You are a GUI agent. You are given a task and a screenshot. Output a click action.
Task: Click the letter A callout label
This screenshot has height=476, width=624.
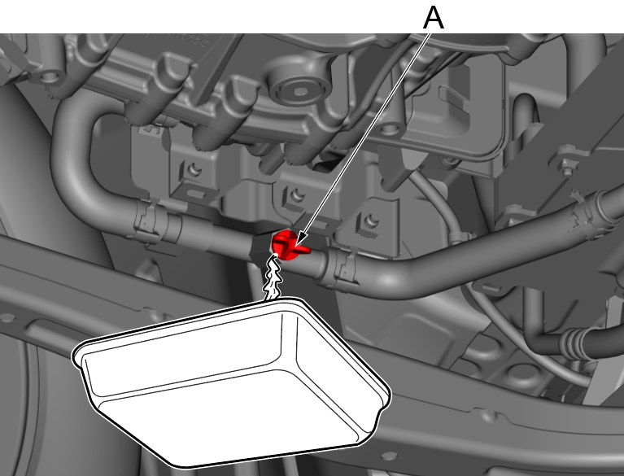pos(434,18)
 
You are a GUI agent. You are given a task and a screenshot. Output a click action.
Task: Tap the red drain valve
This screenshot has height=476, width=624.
pos(287,245)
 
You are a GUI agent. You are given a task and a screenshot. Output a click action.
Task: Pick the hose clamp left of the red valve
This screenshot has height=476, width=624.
pos(147,220)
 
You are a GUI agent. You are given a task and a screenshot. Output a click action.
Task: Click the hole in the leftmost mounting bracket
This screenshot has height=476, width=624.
pos(194,170)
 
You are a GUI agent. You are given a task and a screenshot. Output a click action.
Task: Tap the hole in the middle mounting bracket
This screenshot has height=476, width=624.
pos(296,195)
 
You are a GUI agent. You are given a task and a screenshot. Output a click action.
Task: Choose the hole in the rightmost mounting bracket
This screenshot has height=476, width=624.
pos(371,220)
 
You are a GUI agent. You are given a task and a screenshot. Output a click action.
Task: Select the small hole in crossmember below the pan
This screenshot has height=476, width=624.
pos(389,455)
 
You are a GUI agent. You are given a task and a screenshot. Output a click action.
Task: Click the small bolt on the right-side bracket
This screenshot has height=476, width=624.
pos(568,171)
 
